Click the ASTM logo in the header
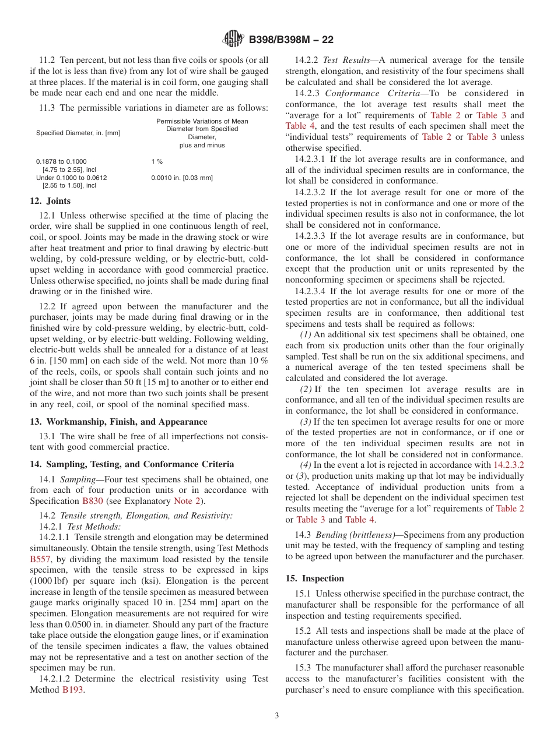click(233, 40)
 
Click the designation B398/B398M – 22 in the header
click(291, 40)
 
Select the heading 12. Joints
click(50, 201)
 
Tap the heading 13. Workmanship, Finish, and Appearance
click(118, 422)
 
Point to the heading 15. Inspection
click(314, 578)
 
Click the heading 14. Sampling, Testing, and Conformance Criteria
click(132, 464)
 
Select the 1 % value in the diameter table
click(157, 161)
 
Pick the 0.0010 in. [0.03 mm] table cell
click(182, 178)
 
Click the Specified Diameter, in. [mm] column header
click(78, 133)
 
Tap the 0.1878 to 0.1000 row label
click(61, 161)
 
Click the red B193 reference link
click(72, 690)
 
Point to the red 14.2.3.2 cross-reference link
click(509, 465)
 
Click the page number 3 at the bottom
click(277, 716)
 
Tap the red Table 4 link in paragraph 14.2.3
click(299, 126)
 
